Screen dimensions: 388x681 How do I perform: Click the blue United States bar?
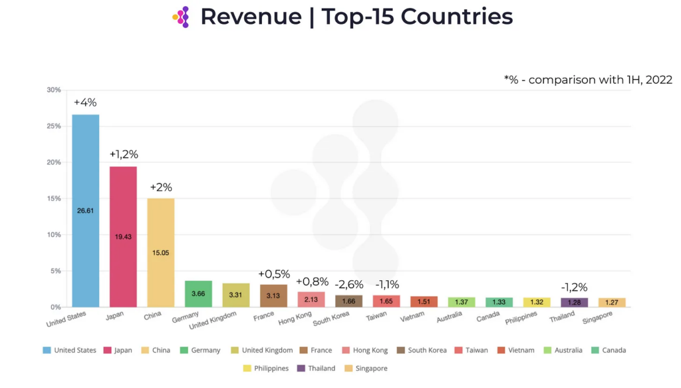[86, 210]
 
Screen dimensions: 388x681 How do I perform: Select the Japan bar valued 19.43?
[123, 236]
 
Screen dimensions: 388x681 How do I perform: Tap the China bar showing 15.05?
[160, 252]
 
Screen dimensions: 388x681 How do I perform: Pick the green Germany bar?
[198, 293]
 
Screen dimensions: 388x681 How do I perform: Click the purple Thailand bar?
[574, 302]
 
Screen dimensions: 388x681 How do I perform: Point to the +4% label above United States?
[85, 102]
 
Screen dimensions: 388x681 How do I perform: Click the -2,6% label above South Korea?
[348, 285]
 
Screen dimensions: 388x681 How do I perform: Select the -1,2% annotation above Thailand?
[573, 288]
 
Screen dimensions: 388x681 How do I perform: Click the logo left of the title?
[181, 17]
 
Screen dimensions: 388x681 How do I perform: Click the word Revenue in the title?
[251, 17]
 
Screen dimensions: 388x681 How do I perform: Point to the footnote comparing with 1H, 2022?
[588, 80]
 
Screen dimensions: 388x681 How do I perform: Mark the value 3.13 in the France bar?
[273, 296]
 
